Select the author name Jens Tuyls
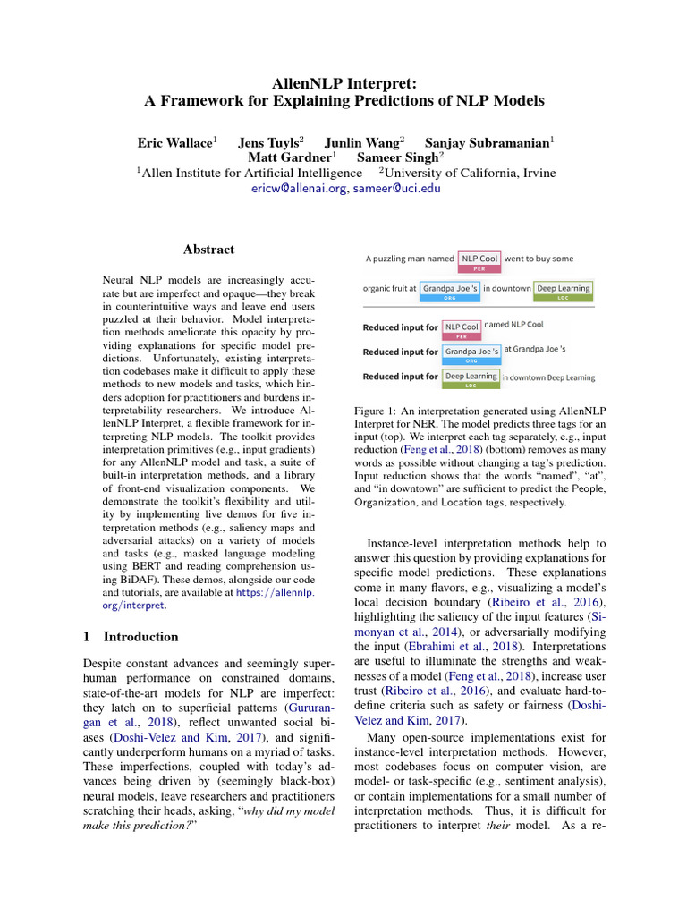coord(269,142)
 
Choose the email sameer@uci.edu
coord(396,189)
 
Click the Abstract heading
coord(208,250)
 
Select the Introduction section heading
coord(140,637)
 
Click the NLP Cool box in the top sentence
coord(479,259)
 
